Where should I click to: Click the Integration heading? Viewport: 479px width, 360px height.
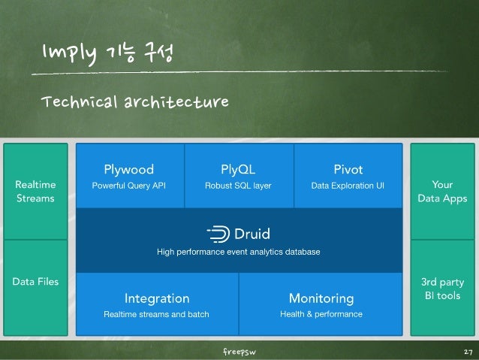(x=156, y=298)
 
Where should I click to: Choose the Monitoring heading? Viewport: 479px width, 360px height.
(x=321, y=298)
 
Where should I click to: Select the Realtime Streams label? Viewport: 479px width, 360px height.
(x=35, y=191)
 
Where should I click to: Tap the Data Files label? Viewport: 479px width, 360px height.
(x=35, y=281)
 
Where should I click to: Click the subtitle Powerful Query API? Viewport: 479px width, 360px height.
(x=128, y=185)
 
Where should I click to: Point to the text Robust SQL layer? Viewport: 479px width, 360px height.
(x=238, y=185)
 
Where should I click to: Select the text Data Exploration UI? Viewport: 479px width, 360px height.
(x=348, y=185)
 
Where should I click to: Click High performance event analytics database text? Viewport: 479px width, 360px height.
(x=238, y=251)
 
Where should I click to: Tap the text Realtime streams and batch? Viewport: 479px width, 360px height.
(x=156, y=314)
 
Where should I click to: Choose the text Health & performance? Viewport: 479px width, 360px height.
(x=321, y=314)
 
